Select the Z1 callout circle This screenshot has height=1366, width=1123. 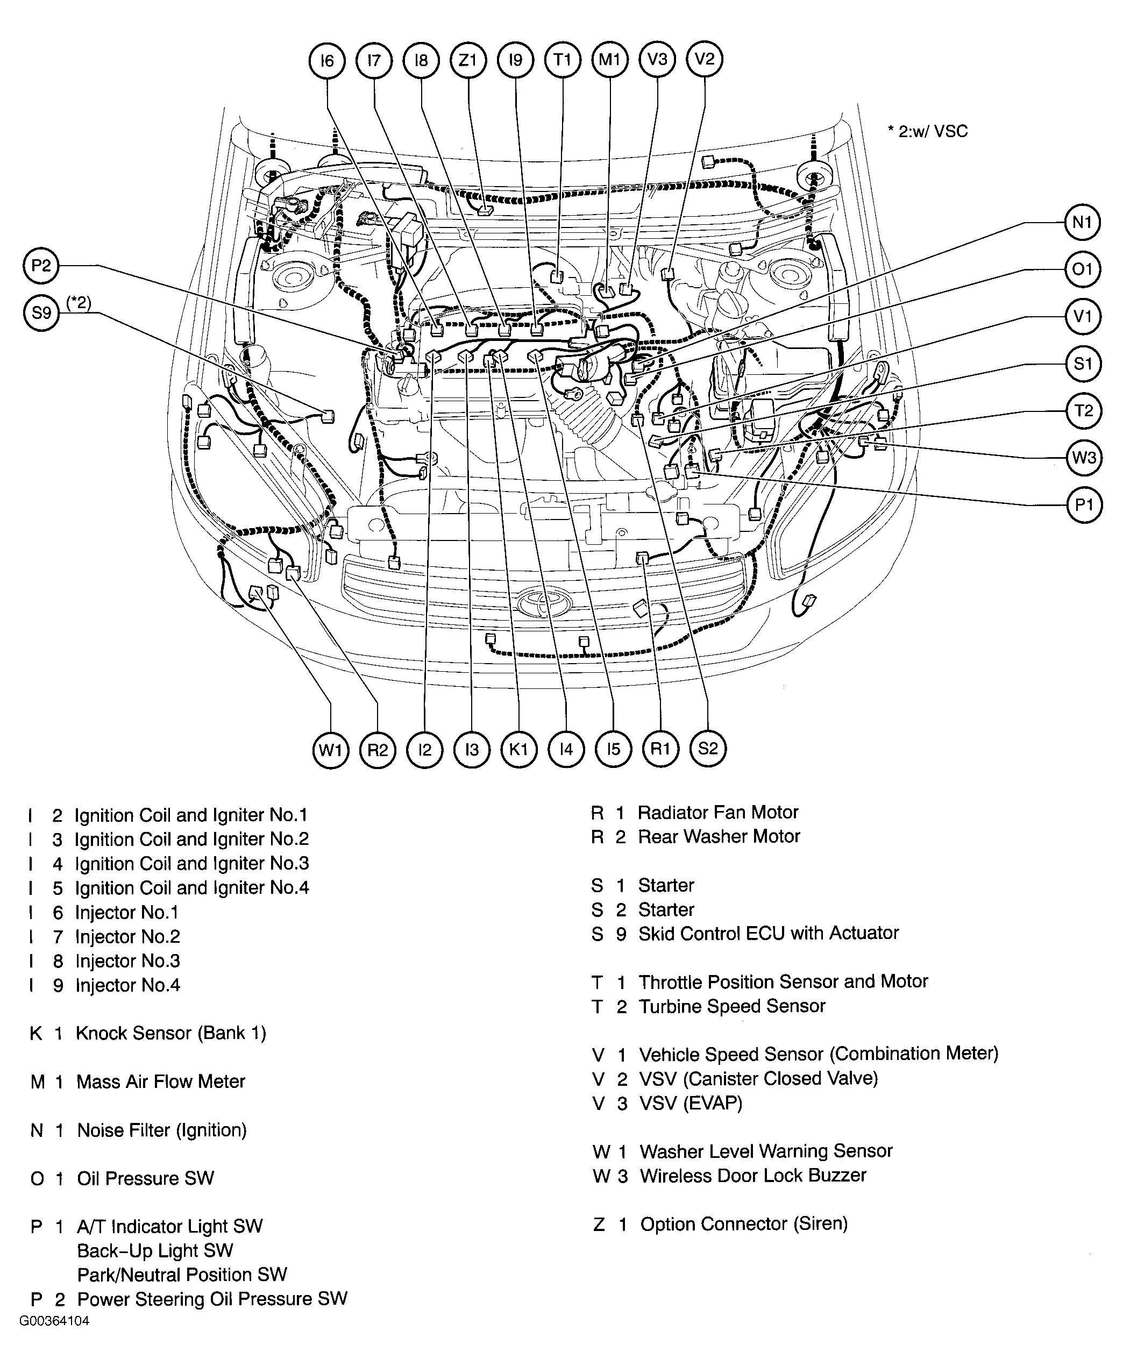[468, 60]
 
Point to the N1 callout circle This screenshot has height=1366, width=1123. [1082, 223]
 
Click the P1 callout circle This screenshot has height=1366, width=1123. [1084, 505]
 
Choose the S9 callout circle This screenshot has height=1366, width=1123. [41, 313]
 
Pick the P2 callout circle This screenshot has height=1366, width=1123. [41, 266]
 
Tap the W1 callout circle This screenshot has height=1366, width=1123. [331, 750]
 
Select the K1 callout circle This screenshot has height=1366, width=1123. [519, 750]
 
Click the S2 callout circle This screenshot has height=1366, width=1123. [708, 749]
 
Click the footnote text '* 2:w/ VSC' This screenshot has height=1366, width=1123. [928, 132]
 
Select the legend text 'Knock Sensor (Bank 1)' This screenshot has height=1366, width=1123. [171, 1033]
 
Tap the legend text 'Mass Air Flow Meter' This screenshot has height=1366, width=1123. [160, 1082]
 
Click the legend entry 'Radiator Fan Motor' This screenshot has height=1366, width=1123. [717, 813]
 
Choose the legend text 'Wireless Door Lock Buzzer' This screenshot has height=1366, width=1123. [752, 1175]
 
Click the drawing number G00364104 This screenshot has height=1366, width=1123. [54, 1321]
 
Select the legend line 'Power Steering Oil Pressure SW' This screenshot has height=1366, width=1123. [212, 1299]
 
